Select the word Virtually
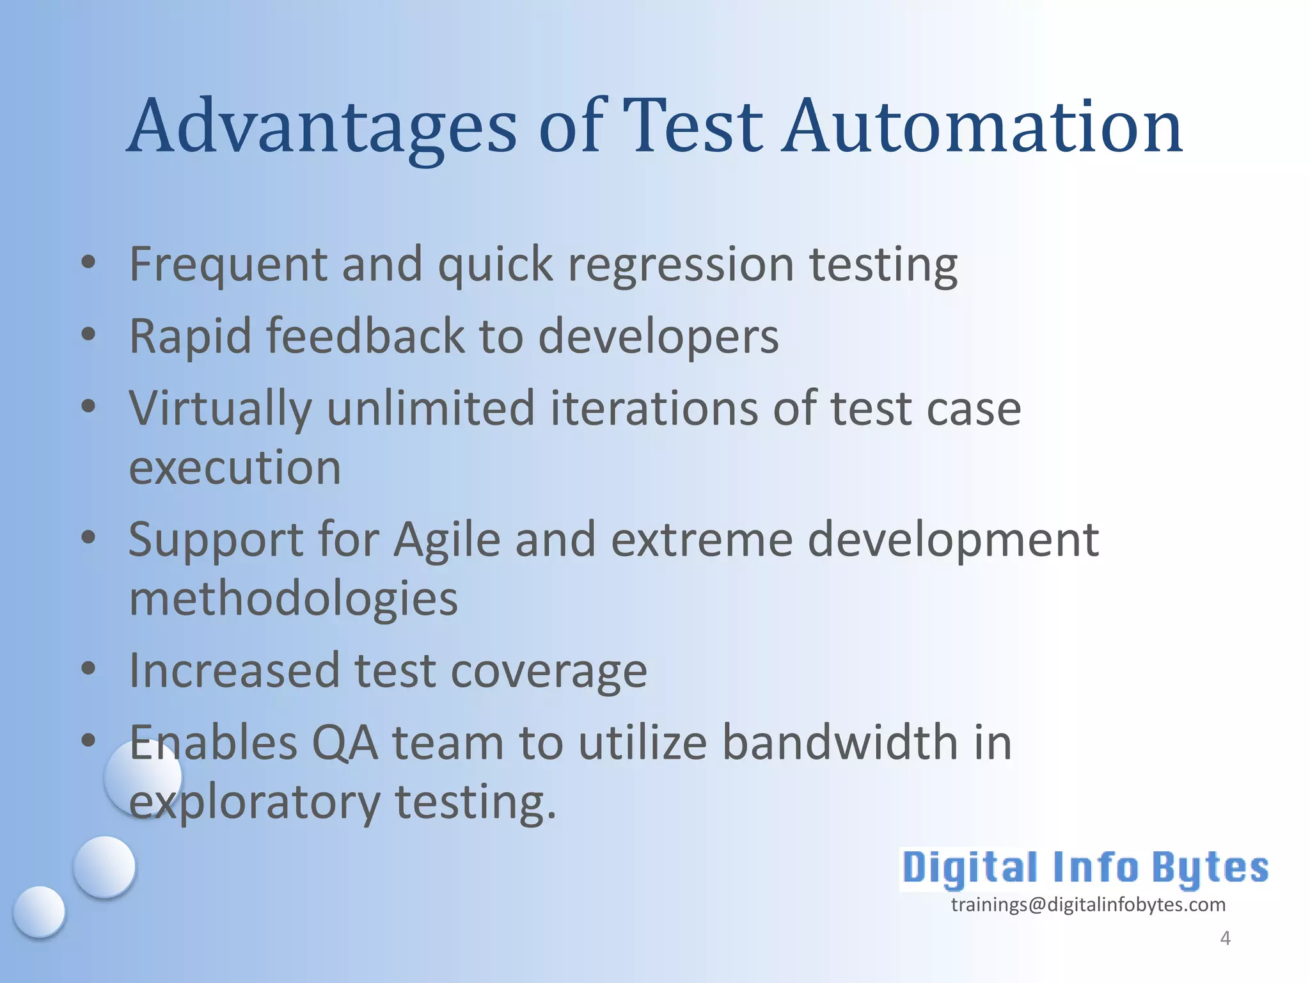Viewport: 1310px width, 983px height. pos(220,410)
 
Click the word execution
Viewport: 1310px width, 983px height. pos(235,467)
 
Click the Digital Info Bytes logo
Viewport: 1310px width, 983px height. pos(1085,868)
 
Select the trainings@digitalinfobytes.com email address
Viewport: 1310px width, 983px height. pos(1087,904)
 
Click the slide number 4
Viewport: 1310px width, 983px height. pos(1225,938)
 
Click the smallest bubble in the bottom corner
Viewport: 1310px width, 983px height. pos(39,911)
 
